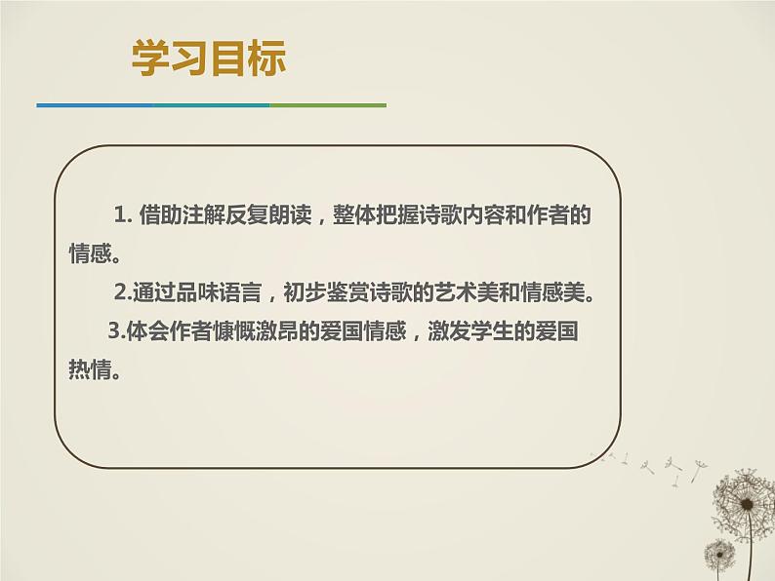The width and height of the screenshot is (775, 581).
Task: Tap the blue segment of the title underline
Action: [x=94, y=104]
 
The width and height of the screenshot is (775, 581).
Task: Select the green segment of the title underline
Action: [x=328, y=104]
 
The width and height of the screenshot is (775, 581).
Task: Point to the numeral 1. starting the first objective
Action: [x=122, y=215]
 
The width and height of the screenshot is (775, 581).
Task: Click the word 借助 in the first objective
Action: [x=157, y=215]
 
